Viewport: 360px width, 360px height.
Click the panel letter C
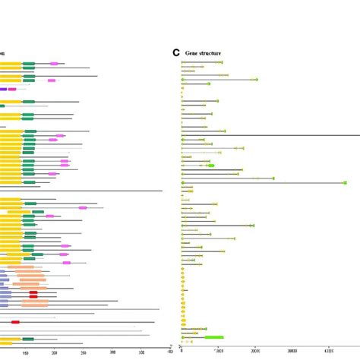[x=176, y=52]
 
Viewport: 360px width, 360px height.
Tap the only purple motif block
[x=3, y=89]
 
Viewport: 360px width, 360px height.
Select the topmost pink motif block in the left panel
[x=54, y=64]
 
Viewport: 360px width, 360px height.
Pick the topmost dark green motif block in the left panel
[x=29, y=65]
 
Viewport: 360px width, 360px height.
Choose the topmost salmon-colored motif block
[x=29, y=268]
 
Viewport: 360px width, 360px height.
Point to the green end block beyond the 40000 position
[x=345, y=183]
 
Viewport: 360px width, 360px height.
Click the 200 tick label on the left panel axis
[x=55, y=352]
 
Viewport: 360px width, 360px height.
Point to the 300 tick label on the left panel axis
[x=113, y=352]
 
